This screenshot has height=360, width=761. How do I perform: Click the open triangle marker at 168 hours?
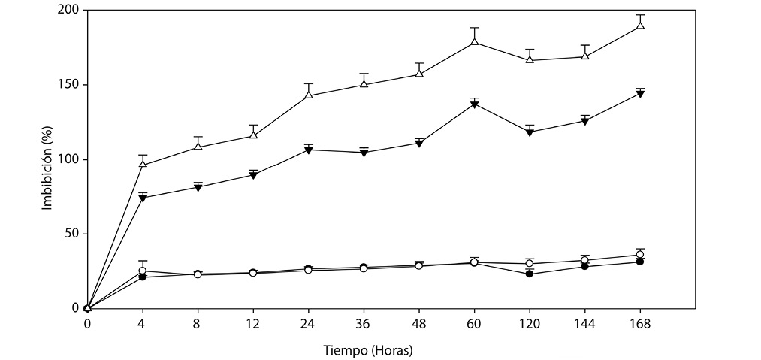click(x=640, y=25)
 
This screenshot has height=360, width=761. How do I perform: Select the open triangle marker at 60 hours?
click(x=474, y=41)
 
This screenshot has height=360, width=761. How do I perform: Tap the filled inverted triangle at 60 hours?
click(x=474, y=104)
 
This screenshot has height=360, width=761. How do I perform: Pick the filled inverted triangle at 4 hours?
click(x=143, y=198)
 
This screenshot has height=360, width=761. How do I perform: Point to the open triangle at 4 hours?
click(x=143, y=164)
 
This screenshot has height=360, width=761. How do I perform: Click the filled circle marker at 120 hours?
click(x=530, y=274)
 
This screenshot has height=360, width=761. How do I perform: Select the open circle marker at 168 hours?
click(x=640, y=255)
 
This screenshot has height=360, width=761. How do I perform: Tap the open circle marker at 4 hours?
click(x=143, y=271)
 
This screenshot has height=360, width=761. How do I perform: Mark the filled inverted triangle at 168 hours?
click(x=640, y=94)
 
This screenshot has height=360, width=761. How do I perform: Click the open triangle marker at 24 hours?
click(x=309, y=95)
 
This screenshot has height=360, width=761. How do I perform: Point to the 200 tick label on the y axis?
click(x=70, y=11)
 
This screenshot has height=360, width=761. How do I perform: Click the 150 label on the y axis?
click(x=70, y=85)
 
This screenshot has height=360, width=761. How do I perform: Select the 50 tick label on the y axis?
click(x=73, y=234)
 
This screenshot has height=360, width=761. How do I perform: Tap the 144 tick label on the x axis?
click(x=584, y=324)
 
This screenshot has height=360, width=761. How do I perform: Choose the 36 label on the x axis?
click(x=364, y=324)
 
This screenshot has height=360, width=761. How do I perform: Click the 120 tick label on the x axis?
click(x=530, y=324)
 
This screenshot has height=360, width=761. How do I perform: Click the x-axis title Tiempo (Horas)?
click(x=369, y=350)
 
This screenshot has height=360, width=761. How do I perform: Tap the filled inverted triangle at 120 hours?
click(x=530, y=132)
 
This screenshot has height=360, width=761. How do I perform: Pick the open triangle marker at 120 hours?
click(x=530, y=59)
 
